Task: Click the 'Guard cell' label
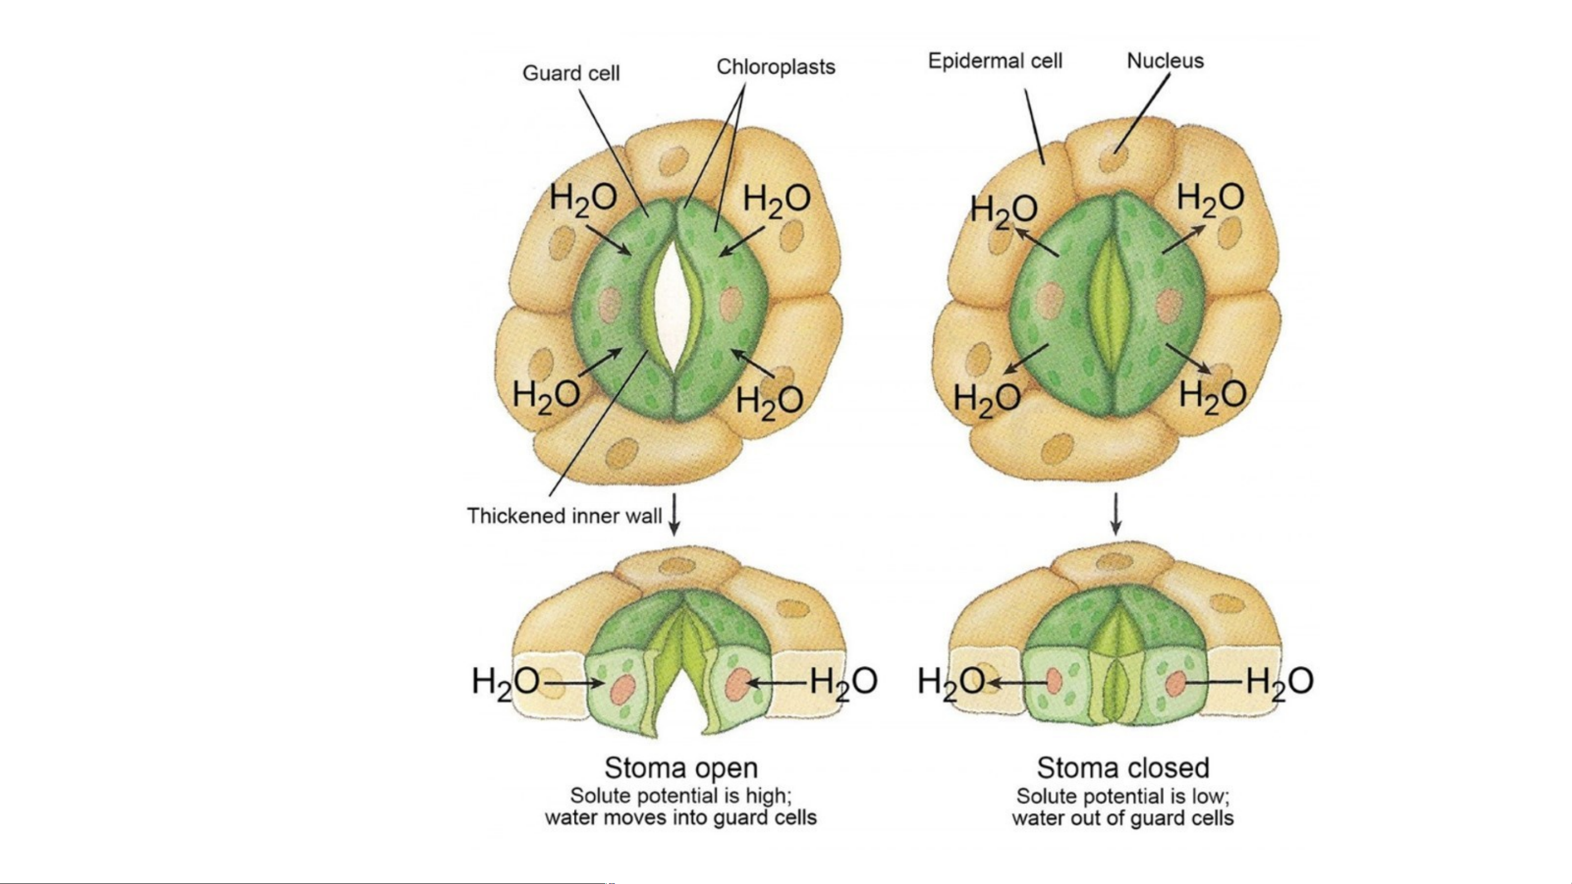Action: pyautogui.click(x=571, y=74)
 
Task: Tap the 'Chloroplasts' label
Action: pyautogui.click(x=775, y=67)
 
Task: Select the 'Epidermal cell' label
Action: pyautogui.click(x=995, y=62)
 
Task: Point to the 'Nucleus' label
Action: pyautogui.click(x=1165, y=61)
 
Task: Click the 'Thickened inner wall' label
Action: pyautogui.click(x=565, y=516)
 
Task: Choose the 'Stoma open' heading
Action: pyautogui.click(x=681, y=767)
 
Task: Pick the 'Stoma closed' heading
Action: pyautogui.click(x=1123, y=767)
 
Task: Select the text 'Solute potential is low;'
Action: pyautogui.click(x=1123, y=796)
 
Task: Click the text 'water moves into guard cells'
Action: pyautogui.click(x=681, y=817)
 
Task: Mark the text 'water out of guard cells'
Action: pyautogui.click(x=1123, y=817)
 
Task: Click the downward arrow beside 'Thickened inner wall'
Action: pyautogui.click(x=674, y=515)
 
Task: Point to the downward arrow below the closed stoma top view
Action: pyautogui.click(x=1116, y=514)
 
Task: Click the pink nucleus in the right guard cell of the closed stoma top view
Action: pyautogui.click(x=1169, y=305)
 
